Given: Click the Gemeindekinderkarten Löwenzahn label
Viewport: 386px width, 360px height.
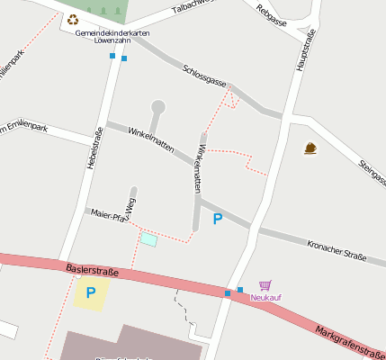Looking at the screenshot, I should click(x=112, y=37).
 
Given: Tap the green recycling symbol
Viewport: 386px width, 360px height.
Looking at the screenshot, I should click(x=73, y=19).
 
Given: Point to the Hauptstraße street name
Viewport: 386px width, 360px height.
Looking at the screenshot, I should click(x=305, y=49).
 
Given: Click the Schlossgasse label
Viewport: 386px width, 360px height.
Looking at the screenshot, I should click(x=204, y=76).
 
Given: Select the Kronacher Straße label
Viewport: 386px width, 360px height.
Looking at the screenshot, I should click(x=337, y=249).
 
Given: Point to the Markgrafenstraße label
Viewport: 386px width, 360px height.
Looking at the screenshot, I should click(x=350, y=340).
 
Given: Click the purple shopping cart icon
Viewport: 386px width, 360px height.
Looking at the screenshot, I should click(x=265, y=285).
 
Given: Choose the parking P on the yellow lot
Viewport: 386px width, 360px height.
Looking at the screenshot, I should click(x=90, y=292).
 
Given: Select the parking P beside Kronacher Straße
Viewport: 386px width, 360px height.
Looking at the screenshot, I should click(x=217, y=219).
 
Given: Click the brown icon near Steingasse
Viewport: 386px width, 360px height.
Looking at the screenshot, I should click(x=310, y=148).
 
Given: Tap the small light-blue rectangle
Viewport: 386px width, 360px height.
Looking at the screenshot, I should click(x=148, y=239).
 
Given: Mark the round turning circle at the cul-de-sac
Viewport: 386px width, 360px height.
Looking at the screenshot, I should click(x=158, y=107).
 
